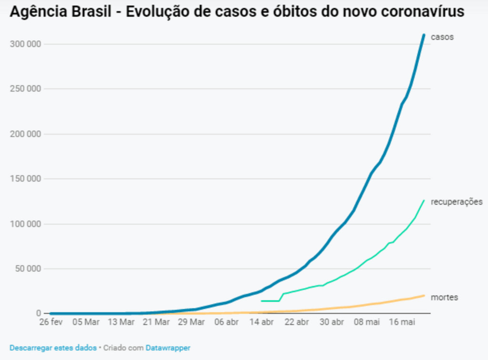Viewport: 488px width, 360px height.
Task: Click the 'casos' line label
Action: [x=442, y=37]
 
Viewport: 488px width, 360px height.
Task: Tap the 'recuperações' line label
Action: [x=457, y=202]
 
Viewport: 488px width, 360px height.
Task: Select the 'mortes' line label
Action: [x=444, y=297]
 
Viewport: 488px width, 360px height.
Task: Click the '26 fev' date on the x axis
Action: [x=51, y=322]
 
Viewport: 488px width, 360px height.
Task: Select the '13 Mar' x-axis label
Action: [x=121, y=322]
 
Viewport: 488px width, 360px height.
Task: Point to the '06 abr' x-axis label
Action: [x=226, y=322]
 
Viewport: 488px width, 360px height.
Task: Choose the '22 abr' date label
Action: [x=296, y=322]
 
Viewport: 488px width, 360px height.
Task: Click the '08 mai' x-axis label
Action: [x=367, y=322]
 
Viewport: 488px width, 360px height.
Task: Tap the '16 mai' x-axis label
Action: [x=402, y=322]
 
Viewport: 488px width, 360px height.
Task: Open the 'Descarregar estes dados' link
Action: [x=52, y=348]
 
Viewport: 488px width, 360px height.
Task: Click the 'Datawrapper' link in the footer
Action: [x=168, y=348]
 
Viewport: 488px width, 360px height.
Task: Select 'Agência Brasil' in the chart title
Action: [x=62, y=12]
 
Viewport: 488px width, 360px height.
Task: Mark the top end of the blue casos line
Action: [x=424, y=35]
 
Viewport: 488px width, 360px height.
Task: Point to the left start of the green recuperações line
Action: [x=262, y=301]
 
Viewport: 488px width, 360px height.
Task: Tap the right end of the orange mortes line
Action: [x=424, y=295]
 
